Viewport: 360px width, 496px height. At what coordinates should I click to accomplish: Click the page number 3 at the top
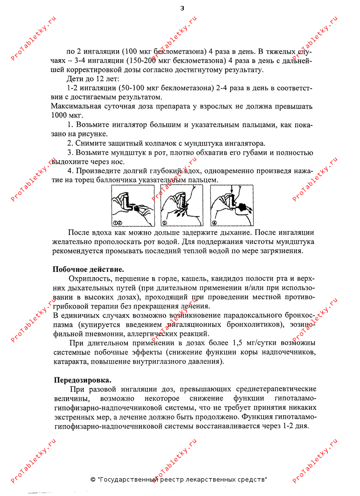coord(182,8)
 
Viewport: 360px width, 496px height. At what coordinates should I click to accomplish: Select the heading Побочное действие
coord(88,269)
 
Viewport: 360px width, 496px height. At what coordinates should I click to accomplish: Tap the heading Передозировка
coord(83,380)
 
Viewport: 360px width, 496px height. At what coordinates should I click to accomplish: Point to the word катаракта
coord(69,362)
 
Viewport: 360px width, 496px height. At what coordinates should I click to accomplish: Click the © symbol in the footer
coord(93,480)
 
